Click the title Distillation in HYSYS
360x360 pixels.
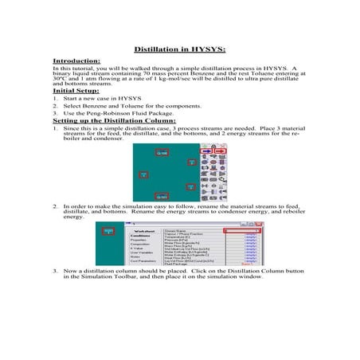click(180, 49)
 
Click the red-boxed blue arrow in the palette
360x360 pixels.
click(206, 151)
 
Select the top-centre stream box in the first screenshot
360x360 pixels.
click(161, 152)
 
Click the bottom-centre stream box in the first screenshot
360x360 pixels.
click(161, 196)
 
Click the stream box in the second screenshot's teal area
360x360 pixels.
click(109, 232)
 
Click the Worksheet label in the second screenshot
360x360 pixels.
click(140, 231)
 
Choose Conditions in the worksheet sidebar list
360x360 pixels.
click(140, 236)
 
